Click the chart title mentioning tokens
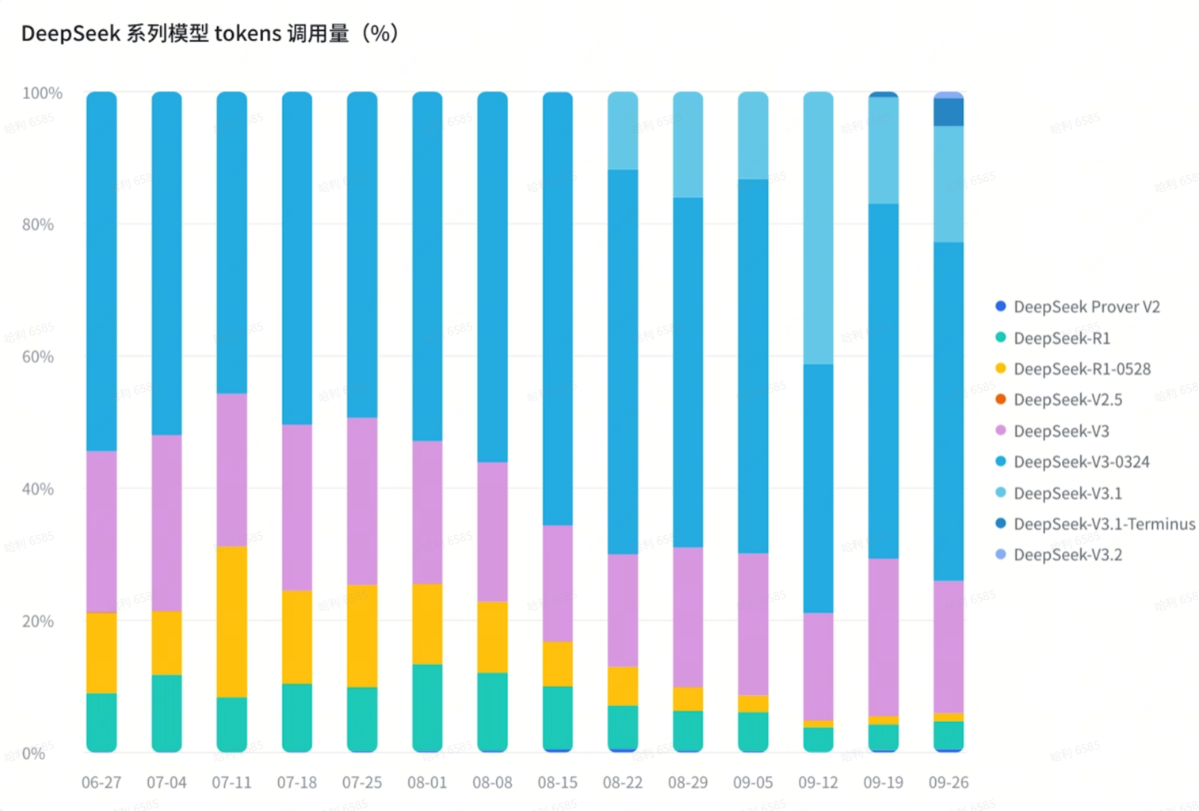coord(209,33)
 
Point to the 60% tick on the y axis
coord(38,357)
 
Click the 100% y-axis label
coord(42,93)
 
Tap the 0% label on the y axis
coord(33,753)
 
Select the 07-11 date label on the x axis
coord(231,782)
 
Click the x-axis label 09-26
coord(949,782)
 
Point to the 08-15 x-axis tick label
coord(557,782)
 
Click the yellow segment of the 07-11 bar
coord(231,622)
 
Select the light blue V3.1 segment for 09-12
coord(818,228)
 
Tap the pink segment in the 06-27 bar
coord(101,531)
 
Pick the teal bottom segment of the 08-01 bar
coord(427,707)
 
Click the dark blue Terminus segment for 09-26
coord(949,112)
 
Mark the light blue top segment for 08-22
coord(623,131)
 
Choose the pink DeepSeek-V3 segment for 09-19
coord(884,637)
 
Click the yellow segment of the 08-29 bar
coord(688,698)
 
